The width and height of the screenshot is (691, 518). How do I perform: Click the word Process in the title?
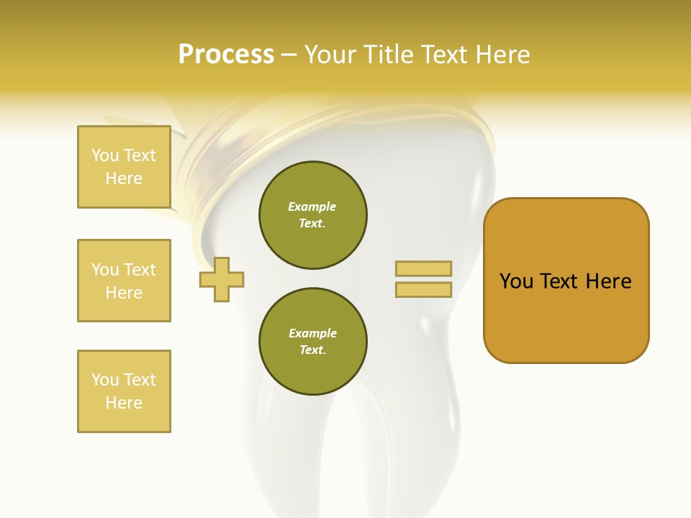[x=226, y=55]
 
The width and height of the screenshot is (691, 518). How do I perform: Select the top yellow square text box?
[x=124, y=167]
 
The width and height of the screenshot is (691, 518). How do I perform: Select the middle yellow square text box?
[x=124, y=281]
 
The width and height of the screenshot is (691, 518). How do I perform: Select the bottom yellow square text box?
[x=124, y=391]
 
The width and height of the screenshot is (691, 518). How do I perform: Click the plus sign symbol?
[x=222, y=279]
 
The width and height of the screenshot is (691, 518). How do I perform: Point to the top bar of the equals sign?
[x=423, y=269]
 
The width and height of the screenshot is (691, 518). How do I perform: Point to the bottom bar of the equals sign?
[x=423, y=290]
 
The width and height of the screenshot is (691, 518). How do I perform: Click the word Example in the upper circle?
[x=312, y=206]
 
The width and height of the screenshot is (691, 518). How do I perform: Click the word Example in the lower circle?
[x=312, y=333]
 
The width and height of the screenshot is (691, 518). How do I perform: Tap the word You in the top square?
[x=104, y=155]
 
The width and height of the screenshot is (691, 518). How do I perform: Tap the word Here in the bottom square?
[x=124, y=403]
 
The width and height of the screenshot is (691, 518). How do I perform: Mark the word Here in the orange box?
[x=608, y=281]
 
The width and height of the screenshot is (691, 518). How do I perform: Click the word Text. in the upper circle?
[x=312, y=223]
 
